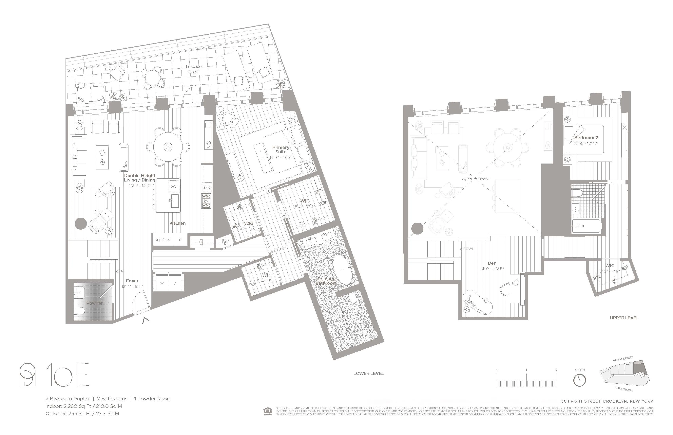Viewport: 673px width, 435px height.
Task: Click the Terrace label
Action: click(x=193, y=67)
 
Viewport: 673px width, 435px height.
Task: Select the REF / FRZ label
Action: click(x=163, y=240)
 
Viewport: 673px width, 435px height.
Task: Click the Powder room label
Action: click(x=94, y=303)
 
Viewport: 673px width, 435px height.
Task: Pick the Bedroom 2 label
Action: click(x=586, y=138)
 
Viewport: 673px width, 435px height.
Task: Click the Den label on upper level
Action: click(x=492, y=263)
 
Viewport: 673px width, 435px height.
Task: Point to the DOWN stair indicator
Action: click(x=467, y=249)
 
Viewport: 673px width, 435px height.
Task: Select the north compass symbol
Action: click(x=579, y=380)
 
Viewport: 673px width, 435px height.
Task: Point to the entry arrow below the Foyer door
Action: click(x=146, y=320)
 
